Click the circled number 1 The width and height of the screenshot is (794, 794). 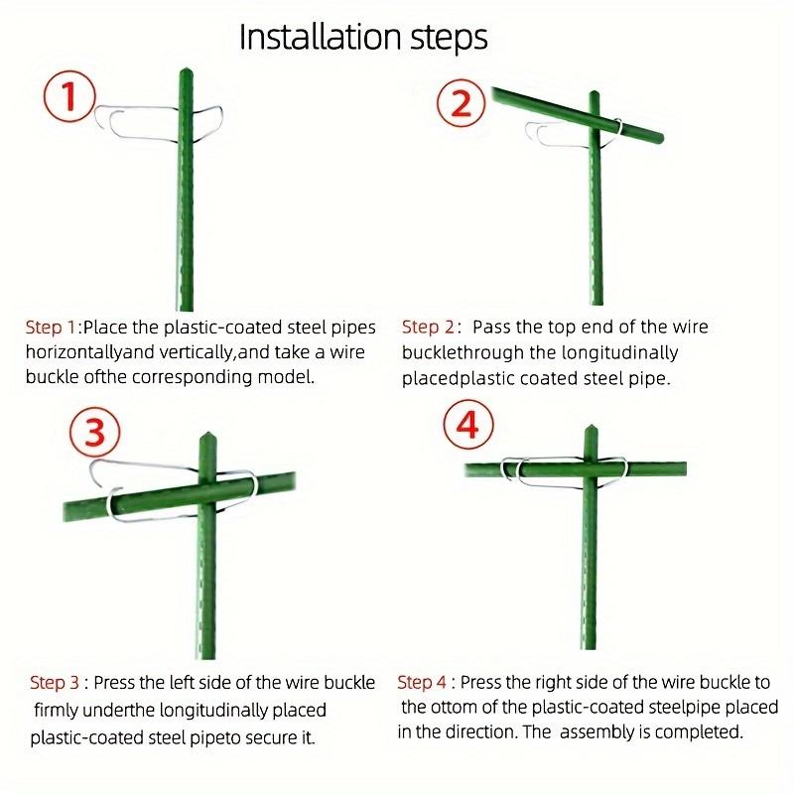[x=68, y=100]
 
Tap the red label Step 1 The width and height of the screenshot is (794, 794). [x=51, y=327]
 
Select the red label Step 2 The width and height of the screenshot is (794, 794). [x=428, y=327]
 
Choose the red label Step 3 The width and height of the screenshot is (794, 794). [x=55, y=682]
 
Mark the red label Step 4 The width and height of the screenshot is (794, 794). [x=423, y=682]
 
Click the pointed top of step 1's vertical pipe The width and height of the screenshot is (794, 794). [x=184, y=71]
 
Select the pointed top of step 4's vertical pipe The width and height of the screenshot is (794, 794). [x=593, y=428]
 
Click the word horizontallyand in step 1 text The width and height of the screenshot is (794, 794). [x=90, y=352]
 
